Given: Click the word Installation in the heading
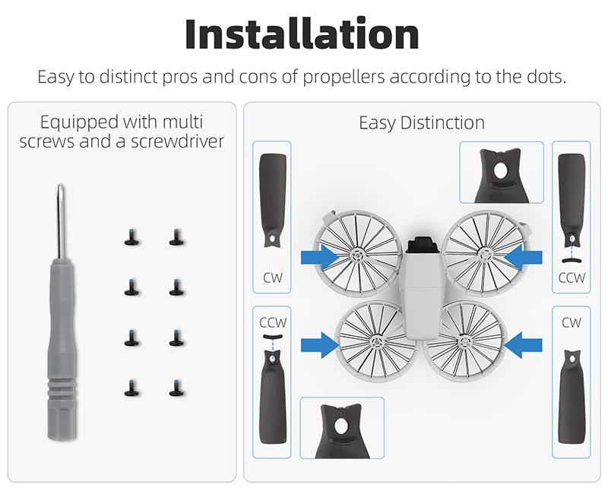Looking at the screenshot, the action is click(302, 33).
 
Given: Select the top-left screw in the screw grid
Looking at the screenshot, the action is click(131, 237).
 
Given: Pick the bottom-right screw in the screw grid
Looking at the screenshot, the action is click(176, 388).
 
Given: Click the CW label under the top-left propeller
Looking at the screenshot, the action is click(273, 277).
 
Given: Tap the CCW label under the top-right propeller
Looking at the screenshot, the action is click(572, 277).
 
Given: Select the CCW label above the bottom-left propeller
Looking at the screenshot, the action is click(273, 322).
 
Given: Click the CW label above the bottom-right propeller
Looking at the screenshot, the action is click(572, 322).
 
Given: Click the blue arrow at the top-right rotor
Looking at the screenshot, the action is click(523, 257).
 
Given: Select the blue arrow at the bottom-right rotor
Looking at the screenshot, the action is click(523, 345).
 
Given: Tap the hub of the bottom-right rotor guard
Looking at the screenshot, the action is click(464, 342).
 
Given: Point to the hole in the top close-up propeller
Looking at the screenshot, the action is click(501, 170).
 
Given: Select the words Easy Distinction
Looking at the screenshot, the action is click(422, 123).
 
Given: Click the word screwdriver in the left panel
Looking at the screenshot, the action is click(177, 141).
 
